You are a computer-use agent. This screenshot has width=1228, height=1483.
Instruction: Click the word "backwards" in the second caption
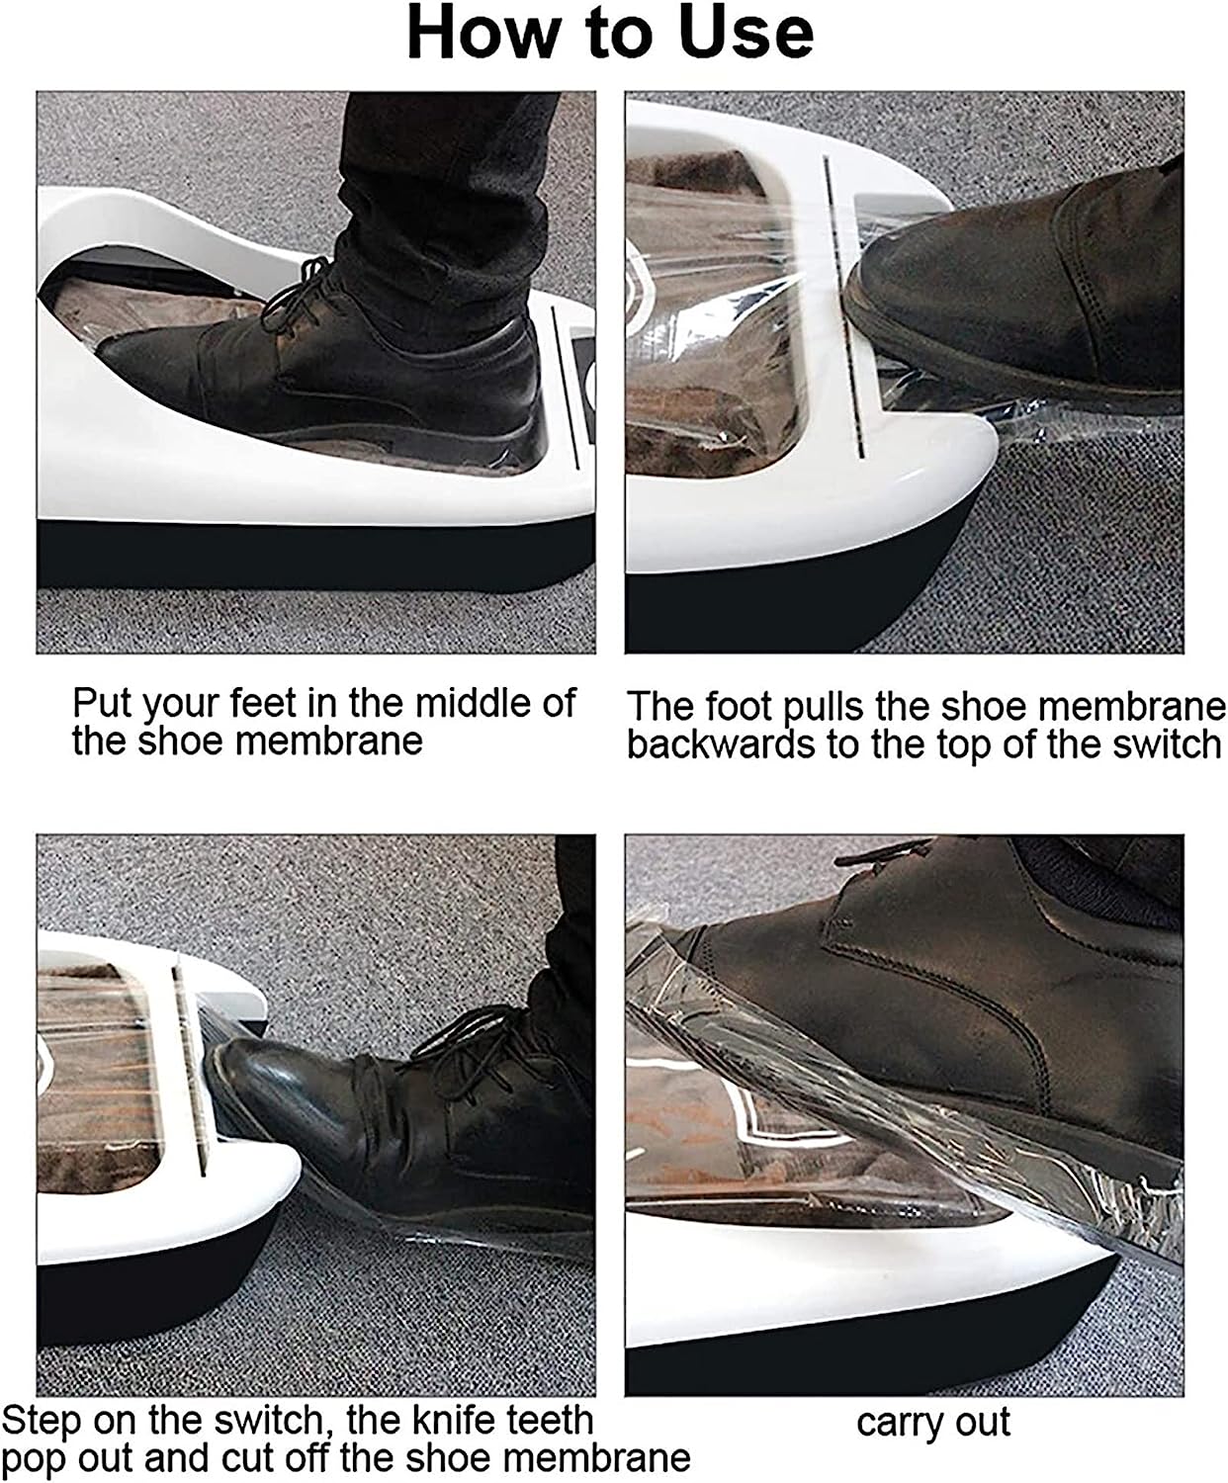click(x=720, y=744)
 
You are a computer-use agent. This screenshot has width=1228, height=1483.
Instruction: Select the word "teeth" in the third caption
click(x=550, y=1420)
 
